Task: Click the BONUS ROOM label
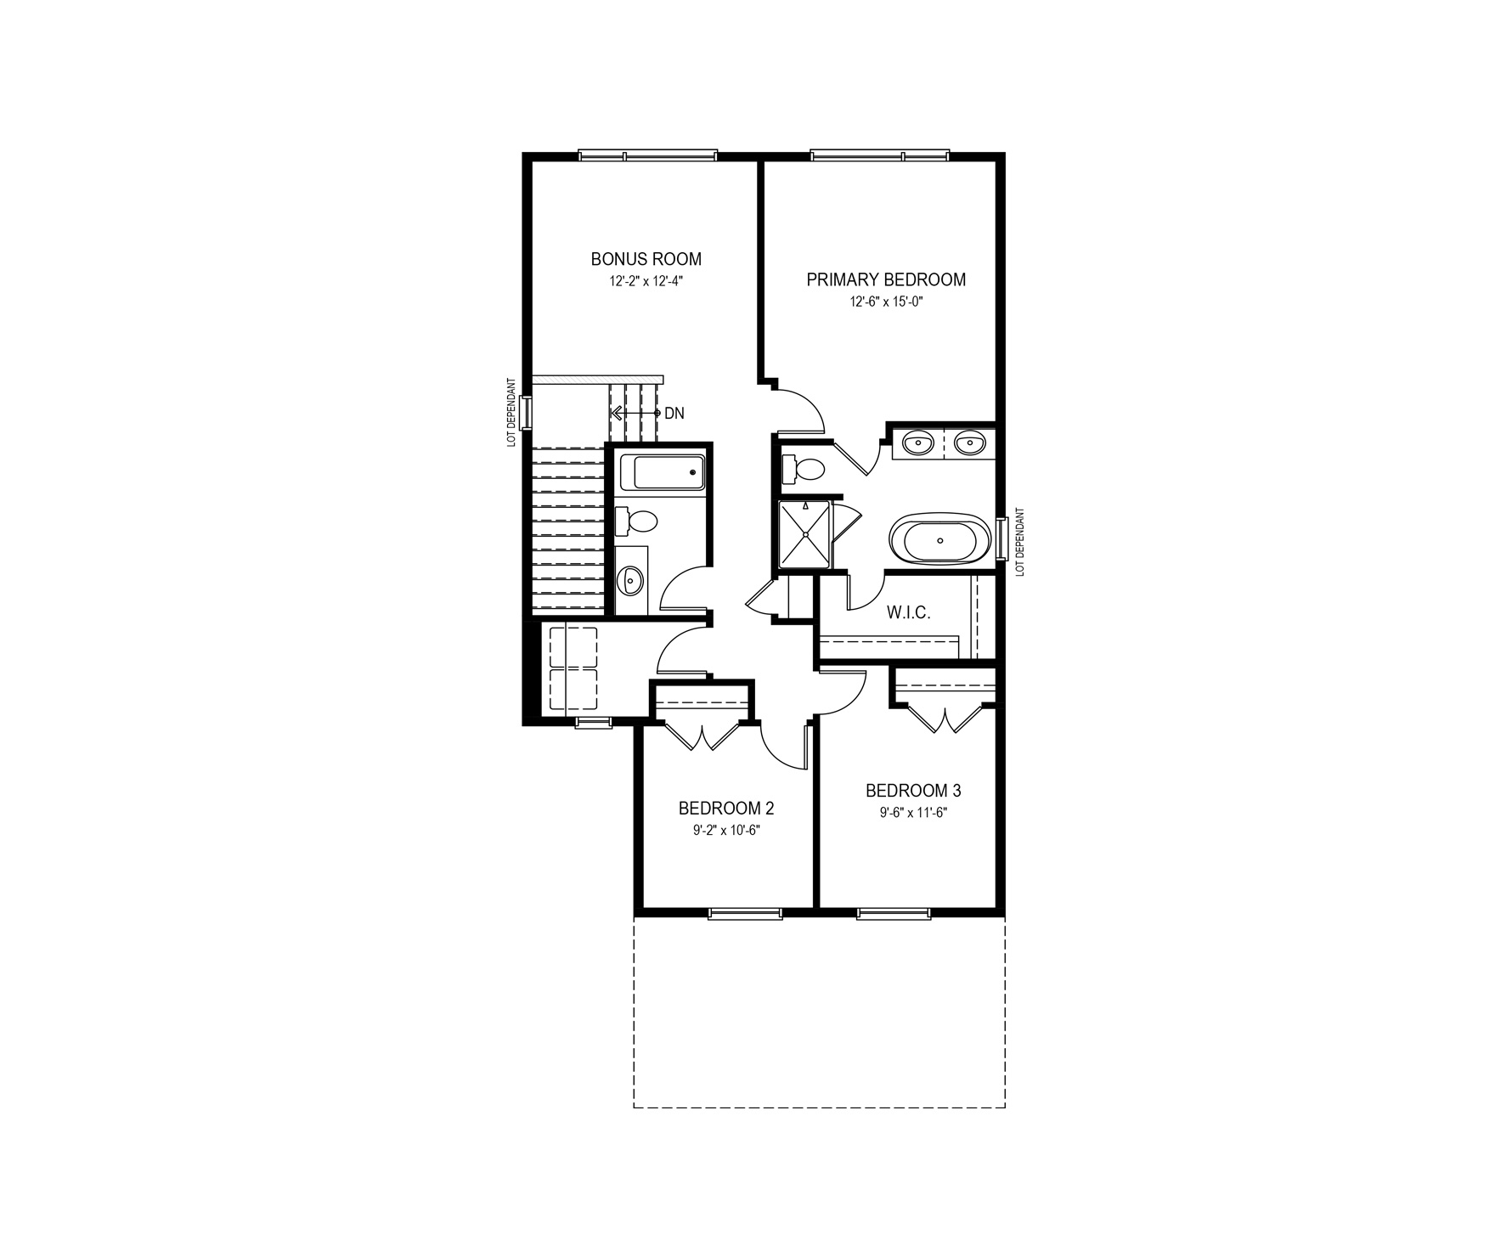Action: (646, 259)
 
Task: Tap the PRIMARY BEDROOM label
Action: (886, 279)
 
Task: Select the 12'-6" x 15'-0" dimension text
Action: (886, 302)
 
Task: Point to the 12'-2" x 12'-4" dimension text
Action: (646, 281)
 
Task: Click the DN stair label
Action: (674, 414)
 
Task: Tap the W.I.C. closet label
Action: (908, 612)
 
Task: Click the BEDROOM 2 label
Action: (726, 808)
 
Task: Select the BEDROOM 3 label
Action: (913, 791)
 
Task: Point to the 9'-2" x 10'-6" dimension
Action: (726, 830)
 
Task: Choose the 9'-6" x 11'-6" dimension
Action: (913, 813)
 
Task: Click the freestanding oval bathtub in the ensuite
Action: (940, 539)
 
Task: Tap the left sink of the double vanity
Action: (918, 442)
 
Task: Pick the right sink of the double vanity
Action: (969, 442)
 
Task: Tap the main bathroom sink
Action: (630, 581)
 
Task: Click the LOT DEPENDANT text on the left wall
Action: (511, 413)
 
